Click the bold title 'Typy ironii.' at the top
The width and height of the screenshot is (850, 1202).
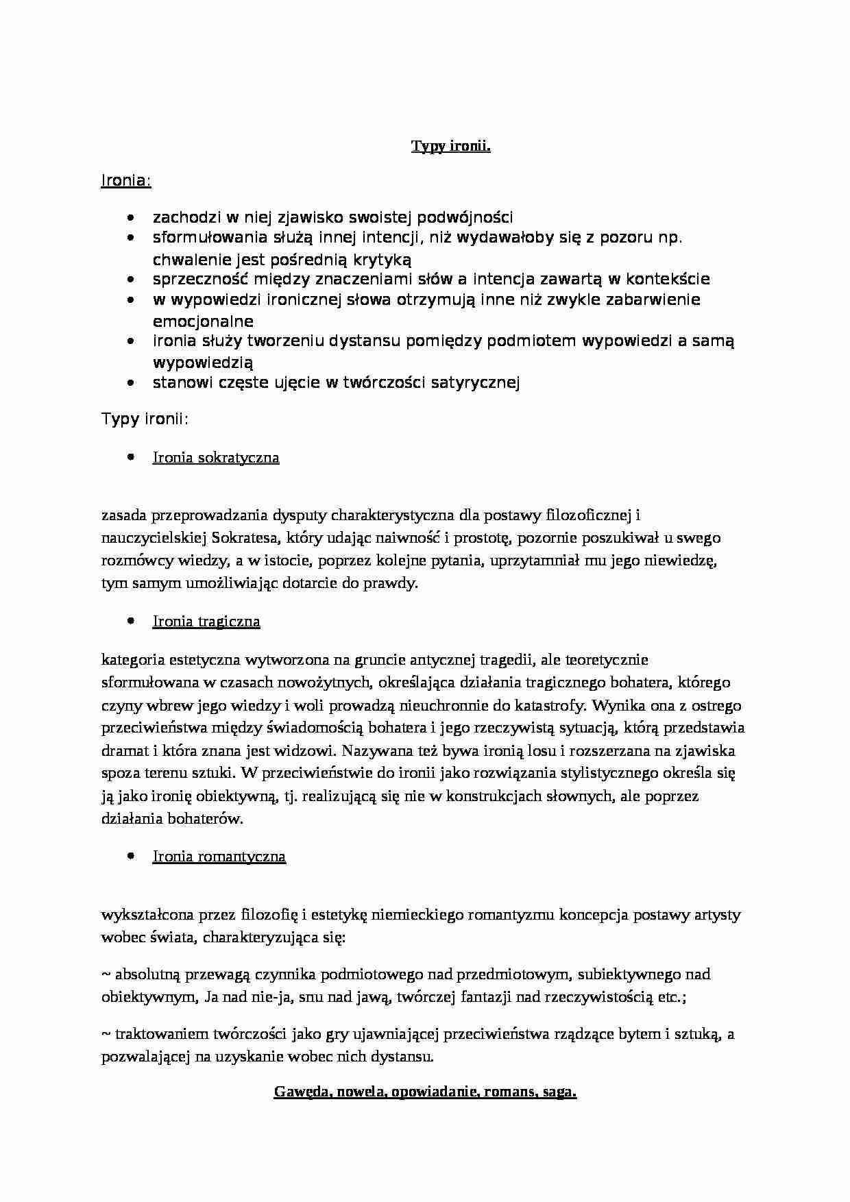450,146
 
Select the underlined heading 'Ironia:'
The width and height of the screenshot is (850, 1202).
126,181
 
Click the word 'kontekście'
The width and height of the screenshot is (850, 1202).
666,280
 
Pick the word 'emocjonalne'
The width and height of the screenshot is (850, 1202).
203,321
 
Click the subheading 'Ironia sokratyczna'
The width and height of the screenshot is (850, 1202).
216,458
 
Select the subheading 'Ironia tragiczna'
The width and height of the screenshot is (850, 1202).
206,622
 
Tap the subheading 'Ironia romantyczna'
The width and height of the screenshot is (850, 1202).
219,857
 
